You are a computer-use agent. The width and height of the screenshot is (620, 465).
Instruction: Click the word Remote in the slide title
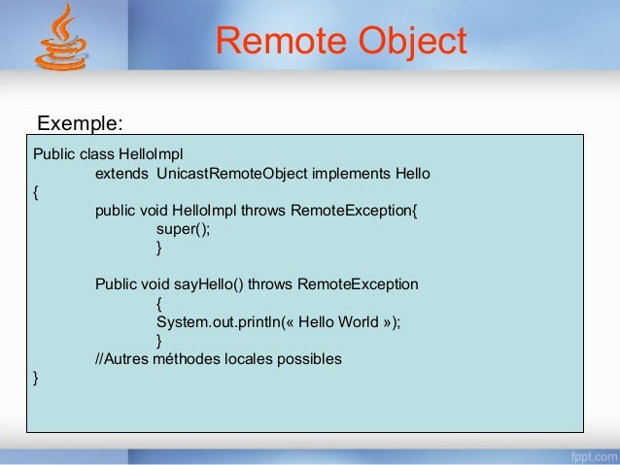pyautogui.click(x=280, y=42)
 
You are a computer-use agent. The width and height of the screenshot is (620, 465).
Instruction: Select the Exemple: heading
pyautogui.click(x=80, y=124)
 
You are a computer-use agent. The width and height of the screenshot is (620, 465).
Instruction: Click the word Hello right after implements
pyautogui.click(x=412, y=174)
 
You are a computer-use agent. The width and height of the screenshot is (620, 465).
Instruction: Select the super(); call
pyautogui.click(x=183, y=229)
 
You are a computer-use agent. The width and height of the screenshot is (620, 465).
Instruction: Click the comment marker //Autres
pyautogui.click(x=121, y=358)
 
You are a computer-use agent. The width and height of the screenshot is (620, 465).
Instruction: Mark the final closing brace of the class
pyautogui.click(x=36, y=378)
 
